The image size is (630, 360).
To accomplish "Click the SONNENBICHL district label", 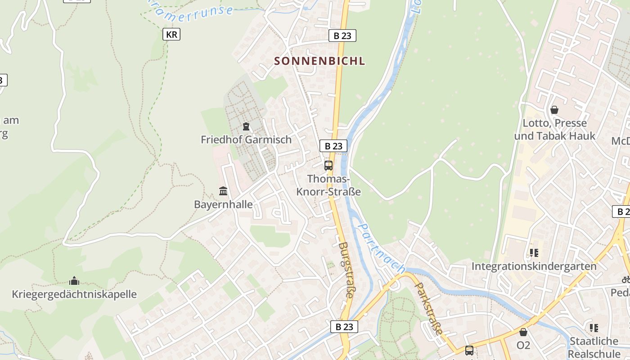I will point(319,61).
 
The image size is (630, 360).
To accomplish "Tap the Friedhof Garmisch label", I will point(246,139).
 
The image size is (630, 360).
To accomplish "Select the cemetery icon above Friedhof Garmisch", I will point(246,126).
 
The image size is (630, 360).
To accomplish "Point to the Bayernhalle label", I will point(223,204).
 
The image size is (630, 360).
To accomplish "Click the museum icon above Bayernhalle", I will point(223,191).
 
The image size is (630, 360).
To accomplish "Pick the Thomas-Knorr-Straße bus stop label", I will point(328,185).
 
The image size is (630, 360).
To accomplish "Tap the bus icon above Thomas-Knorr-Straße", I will point(328,165).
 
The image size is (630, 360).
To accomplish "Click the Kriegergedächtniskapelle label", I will point(74,294).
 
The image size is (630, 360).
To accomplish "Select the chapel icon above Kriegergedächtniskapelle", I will point(74,281).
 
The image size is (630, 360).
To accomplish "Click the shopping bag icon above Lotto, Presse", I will point(554,110).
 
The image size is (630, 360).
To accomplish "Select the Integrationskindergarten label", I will point(534,266).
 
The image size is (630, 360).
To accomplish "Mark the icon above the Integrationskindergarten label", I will point(534,252).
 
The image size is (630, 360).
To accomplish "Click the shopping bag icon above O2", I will point(523,332).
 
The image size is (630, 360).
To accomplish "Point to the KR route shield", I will point(171,34).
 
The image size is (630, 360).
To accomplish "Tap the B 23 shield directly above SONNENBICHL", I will point(342,36).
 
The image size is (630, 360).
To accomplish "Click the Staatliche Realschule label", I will point(594,347).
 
